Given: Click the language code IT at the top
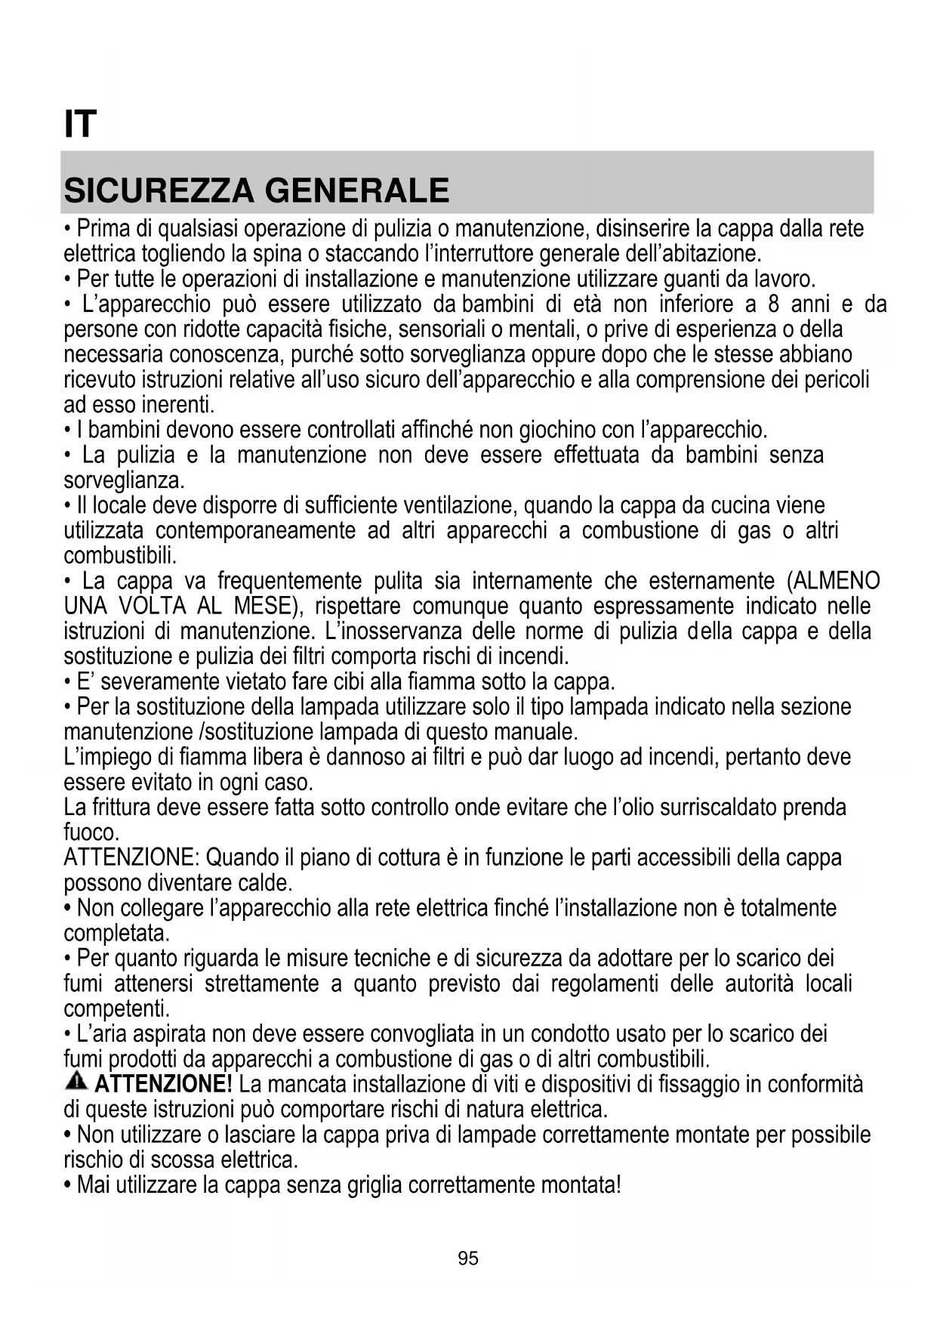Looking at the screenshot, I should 80,125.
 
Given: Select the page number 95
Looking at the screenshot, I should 468,1259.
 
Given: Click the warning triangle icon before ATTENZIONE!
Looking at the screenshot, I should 76,1082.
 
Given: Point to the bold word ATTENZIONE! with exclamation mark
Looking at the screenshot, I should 163,1085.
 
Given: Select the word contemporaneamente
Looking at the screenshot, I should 255,531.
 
